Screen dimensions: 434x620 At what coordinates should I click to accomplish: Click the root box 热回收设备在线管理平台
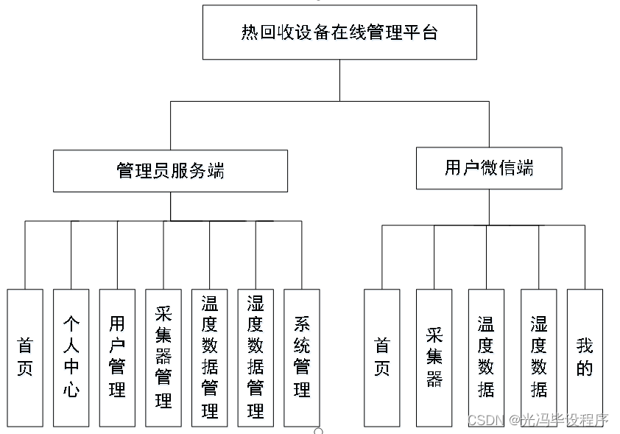(x=339, y=32)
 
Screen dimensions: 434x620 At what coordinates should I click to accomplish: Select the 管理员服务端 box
(x=170, y=171)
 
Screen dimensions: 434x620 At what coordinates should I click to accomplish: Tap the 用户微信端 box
(x=489, y=168)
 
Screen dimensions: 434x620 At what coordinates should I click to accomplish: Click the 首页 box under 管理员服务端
(x=25, y=357)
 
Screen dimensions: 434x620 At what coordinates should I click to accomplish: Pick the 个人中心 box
(x=71, y=357)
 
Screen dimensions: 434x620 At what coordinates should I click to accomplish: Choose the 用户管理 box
(x=117, y=357)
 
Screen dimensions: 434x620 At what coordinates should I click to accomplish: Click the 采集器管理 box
(x=163, y=357)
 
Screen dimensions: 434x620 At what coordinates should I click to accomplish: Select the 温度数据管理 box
(x=210, y=357)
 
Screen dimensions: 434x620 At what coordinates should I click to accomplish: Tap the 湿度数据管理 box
(x=256, y=357)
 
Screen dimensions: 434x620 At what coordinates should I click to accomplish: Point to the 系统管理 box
(x=302, y=357)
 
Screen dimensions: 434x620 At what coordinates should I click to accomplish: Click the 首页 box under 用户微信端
(x=382, y=357)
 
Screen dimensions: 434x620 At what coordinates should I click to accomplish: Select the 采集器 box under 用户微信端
(x=434, y=357)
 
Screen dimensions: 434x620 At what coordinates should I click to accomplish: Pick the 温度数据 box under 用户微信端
(x=486, y=357)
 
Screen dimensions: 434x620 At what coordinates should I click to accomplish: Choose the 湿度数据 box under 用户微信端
(x=538, y=357)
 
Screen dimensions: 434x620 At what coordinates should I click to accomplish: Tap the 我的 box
(x=585, y=357)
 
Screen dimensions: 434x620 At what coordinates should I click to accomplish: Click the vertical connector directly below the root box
(x=339, y=80)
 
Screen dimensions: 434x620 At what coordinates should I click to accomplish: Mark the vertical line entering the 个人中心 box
(x=71, y=254)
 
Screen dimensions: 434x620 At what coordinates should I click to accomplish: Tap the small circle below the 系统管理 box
(x=318, y=430)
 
